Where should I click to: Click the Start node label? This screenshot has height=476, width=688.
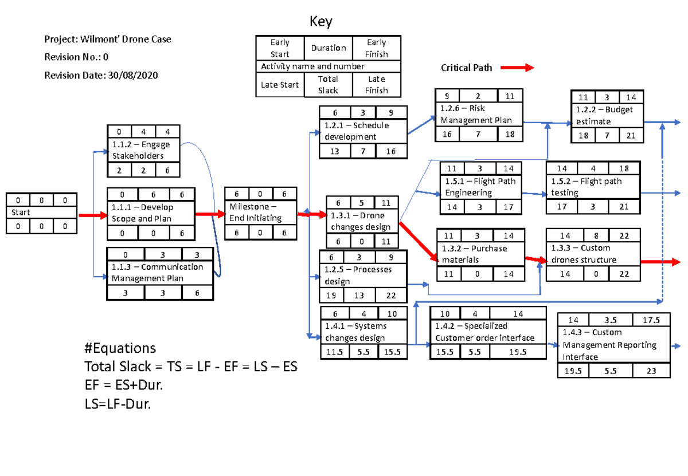pyautogui.click(x=21, y=213)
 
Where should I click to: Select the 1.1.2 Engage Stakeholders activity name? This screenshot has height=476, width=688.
pyautogui.click(x=141, y=150)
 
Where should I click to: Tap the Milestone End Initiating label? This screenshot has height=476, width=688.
pyautogui.click(x=256, y=213)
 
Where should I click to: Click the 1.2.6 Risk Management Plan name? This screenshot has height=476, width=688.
pyautogui.click(x=475, y=115)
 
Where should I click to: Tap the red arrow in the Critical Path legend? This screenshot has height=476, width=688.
pyautogui.click(x=517, y=68)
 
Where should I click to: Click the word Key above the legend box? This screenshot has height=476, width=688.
pyautogui.click(x=321, y=22)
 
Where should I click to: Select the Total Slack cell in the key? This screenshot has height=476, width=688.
pyautogui.click(x=328, y=85)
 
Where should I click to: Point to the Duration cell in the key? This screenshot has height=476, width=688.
pyautogui.click(x=328, y=48)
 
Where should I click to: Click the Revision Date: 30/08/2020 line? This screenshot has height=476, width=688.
pyautogui.click(x=101, y=75)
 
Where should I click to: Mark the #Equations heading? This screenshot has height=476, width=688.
pyautogui.click(x=120, y=348)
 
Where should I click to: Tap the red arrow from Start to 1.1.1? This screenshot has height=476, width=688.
pyautogui.click(x=92, y=215)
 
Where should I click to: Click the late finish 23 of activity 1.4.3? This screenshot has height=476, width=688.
pyautogui.click(x=651, y=371)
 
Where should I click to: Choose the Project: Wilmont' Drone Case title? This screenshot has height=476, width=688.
pyautogui.click(x=108, y=39)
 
